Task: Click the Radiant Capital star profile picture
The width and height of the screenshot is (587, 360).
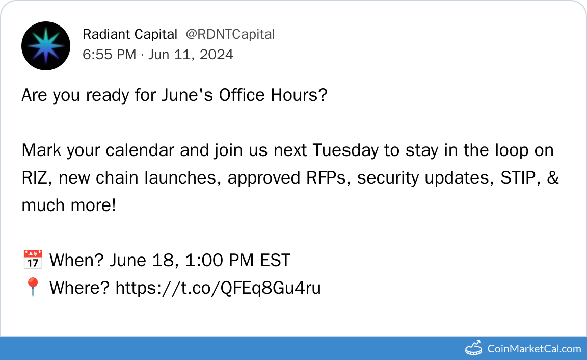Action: tap(46, 46)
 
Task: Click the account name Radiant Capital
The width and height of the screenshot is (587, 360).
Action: tap(130, 34)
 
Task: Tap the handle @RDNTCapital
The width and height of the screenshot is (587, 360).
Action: tap(230, 34)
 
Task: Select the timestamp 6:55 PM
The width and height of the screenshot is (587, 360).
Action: tap(110, 55)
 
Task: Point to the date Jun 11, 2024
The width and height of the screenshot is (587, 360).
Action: tap(191, 55)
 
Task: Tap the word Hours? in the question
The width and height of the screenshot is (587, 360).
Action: tap(300, 95)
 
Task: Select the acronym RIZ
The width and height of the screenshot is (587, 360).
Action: tap(35, 178)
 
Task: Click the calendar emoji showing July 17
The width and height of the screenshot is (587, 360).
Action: tap(33, 260)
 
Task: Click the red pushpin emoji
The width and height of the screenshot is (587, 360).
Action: tap(33, 287)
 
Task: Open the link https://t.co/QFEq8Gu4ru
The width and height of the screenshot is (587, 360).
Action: tap(218, 288)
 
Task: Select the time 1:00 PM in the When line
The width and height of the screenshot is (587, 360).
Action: tap(220, 261)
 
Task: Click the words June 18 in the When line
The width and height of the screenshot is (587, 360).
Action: tap(142, 261)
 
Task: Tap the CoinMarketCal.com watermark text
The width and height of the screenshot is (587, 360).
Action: tap(534, 349)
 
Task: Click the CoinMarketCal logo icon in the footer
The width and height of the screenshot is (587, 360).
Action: tap(473, 348)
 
